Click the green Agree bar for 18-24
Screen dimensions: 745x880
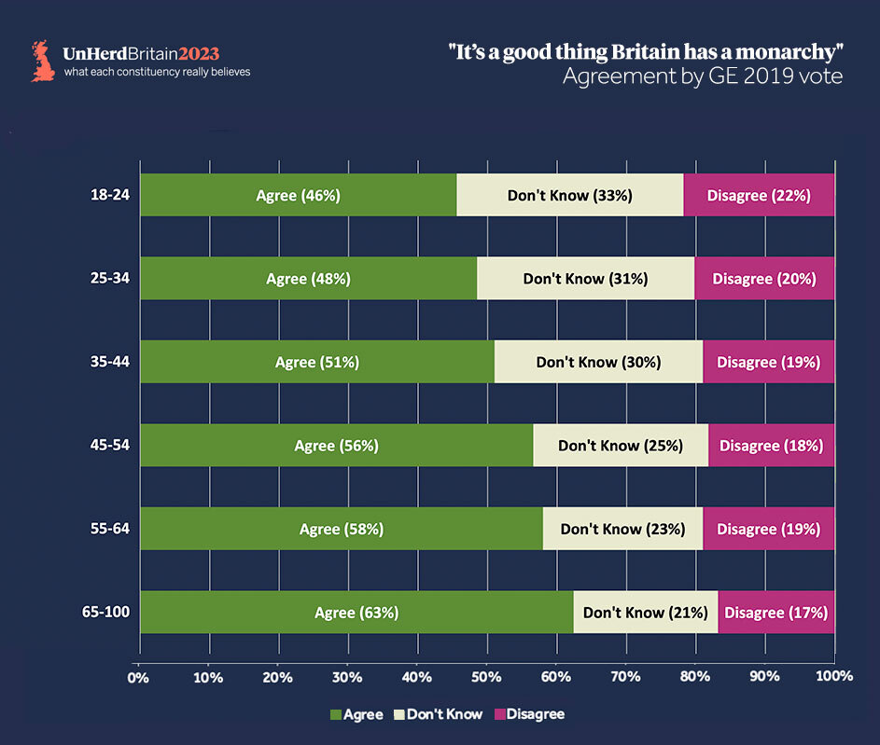(x=298, y=195)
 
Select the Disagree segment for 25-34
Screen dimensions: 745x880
(x=764, y=278)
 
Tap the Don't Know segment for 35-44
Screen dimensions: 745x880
(x=598, y=362)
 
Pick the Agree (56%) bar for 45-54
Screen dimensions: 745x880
(x=336, y=445)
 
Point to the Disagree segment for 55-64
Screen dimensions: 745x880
(x=768, y=529)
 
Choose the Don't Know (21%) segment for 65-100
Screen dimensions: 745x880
(x=645, y=613)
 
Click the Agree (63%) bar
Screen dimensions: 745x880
(x=356, y=613)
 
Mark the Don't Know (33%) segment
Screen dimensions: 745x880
(x=569, y=195)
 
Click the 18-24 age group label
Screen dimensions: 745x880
(x=111, y=195)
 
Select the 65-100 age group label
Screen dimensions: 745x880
(x=106, y=613)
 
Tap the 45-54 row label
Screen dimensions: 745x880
(x=111, y=445)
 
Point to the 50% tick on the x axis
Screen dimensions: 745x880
(x=486, y=675)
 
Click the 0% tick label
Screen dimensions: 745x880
(x=139, y=675)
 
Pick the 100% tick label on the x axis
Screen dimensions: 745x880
(x=833, y=675)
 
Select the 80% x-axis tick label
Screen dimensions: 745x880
(x=695, y=675)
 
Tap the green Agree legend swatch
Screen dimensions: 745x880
(x=336, y=715)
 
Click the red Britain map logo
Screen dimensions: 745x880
(x=42, y=60)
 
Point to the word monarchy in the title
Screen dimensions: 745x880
(x=781, y=53)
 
